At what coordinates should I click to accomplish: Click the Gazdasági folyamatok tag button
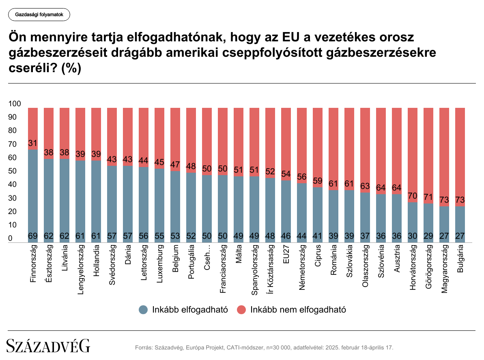click(39, 15)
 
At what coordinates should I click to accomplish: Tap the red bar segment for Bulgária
click(460, 154)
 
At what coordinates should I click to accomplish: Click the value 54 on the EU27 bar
click(286, 174)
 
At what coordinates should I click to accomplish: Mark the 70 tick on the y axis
click(12, 144)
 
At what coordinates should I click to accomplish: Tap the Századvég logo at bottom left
click(48, 346)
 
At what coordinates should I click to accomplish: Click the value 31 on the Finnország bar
click(33, 143)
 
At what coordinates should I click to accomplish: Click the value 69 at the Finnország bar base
click(33, 236)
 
